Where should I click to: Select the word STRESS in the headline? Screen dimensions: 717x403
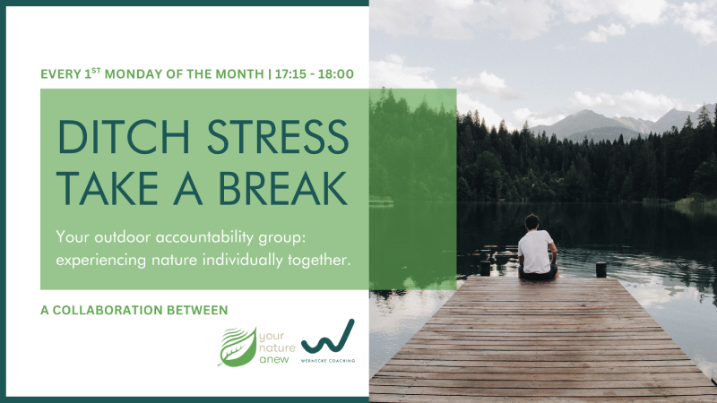(278, 137)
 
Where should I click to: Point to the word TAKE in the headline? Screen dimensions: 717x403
(108, 188)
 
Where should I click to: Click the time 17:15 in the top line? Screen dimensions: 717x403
(290, 74)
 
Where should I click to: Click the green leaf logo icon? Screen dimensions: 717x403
(238, 347)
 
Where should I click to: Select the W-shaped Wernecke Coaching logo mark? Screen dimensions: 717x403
(328, 338)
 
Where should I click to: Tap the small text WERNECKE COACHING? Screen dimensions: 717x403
(328, 361)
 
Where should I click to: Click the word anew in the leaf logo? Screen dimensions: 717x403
(274, 360)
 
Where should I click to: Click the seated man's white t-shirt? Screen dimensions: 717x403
(535, 252)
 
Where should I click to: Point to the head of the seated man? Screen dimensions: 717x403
(531, 222)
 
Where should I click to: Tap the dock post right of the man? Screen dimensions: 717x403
(600, 270)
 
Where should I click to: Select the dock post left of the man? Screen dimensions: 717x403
(485, 268)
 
